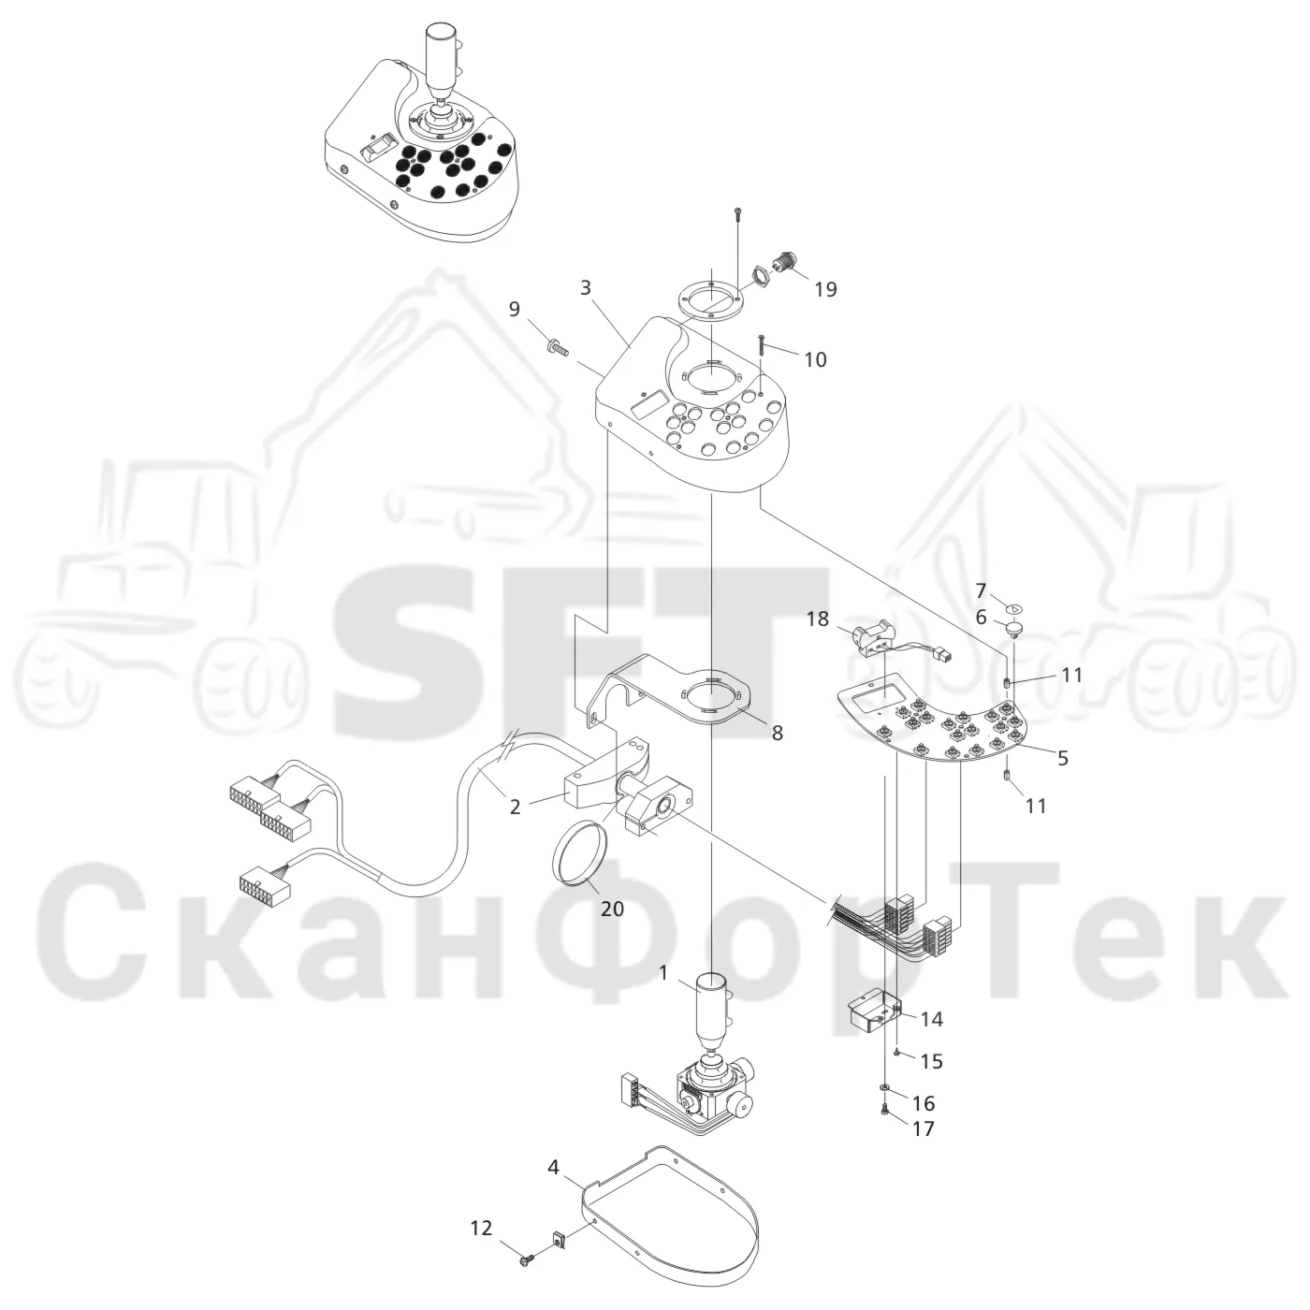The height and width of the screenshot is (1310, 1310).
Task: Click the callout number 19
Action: tap(825, 289)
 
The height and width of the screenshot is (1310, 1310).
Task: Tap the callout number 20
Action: tap(613, 909)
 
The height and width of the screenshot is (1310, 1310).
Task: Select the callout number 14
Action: tap(931, 1038)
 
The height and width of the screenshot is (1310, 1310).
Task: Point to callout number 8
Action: tap(777, 733)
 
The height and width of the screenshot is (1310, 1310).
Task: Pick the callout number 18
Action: tap(818, 619)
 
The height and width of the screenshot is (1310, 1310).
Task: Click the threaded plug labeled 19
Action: tap(787, 261)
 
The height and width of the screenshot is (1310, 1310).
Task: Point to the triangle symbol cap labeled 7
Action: tap(1013, 608)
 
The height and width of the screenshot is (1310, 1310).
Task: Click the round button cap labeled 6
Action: tap(1013, 629)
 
